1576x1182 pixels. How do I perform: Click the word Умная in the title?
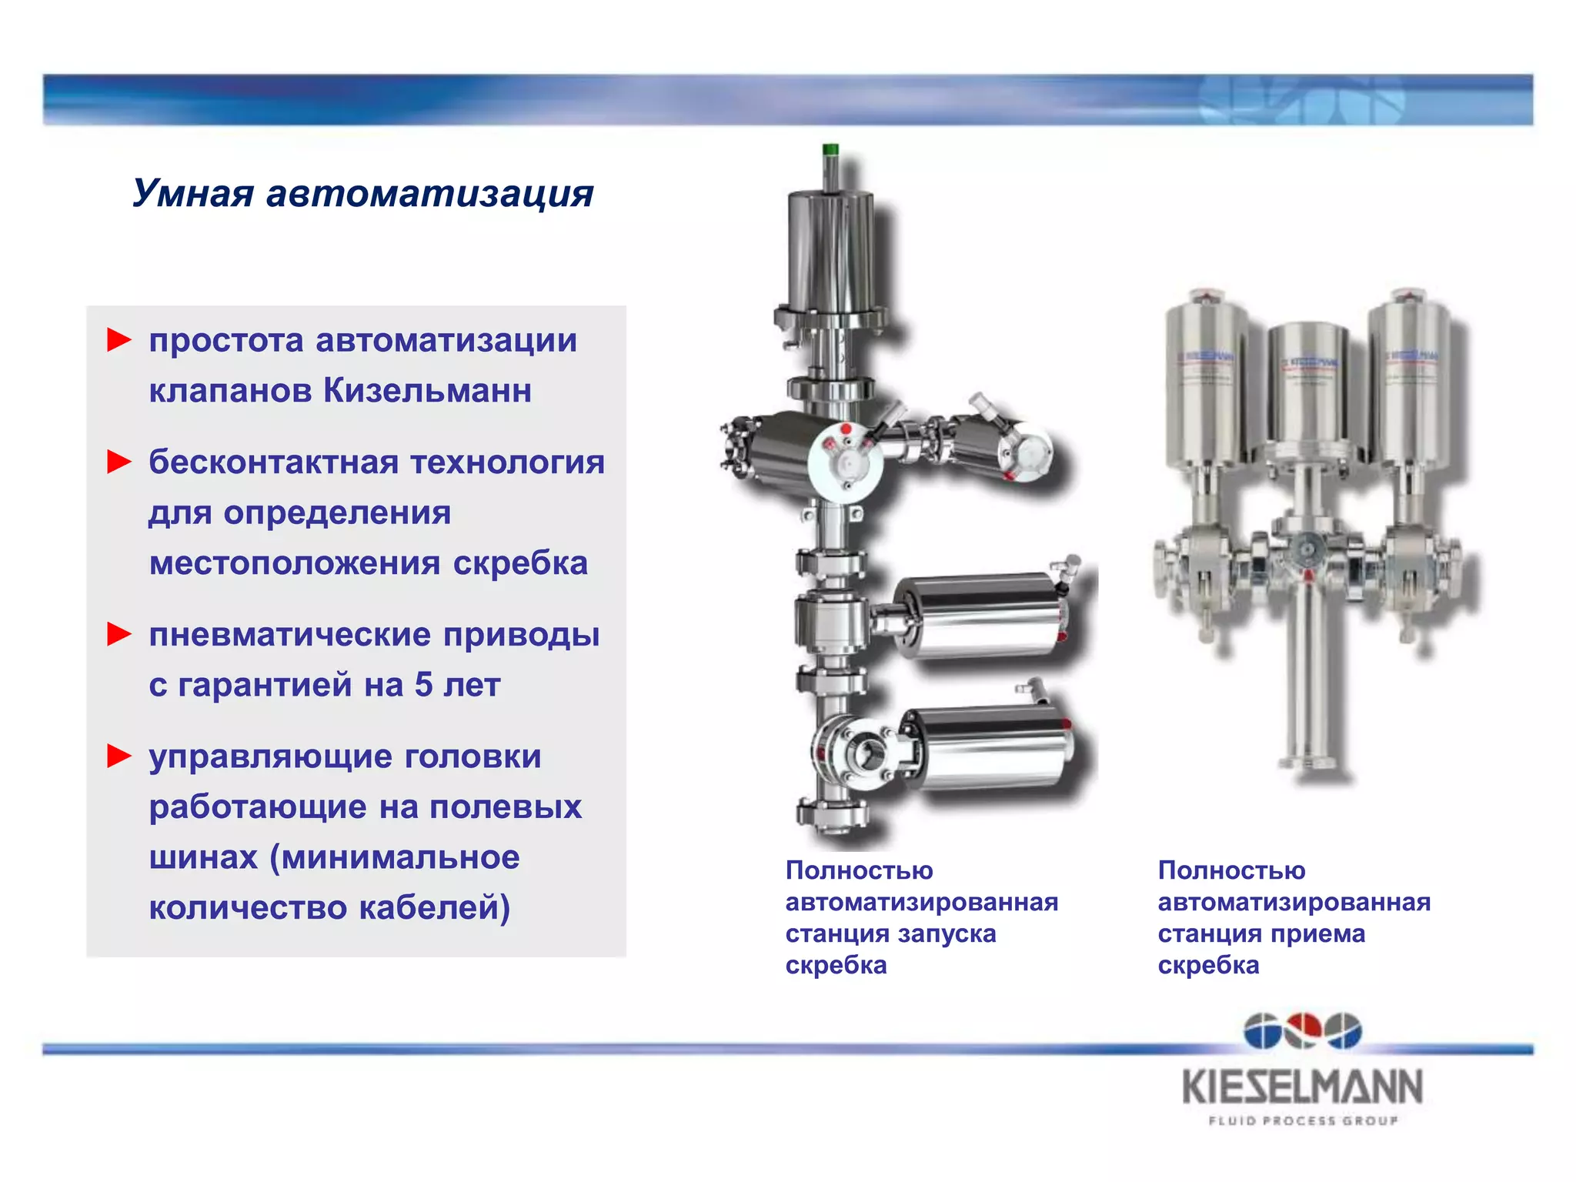click(192, 192)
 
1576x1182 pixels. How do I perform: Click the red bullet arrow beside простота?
click(119, 339)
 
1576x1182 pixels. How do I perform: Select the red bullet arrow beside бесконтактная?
click(119, 462)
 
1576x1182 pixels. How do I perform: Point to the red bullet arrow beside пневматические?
click(119, 634)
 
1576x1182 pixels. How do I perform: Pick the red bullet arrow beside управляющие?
click(119, 756)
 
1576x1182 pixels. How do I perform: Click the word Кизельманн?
click(427, 390)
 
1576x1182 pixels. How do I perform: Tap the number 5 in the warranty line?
click(423, 684)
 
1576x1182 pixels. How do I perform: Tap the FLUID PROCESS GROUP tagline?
click(1302, 1120)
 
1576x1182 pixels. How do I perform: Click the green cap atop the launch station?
click(830, 150)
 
